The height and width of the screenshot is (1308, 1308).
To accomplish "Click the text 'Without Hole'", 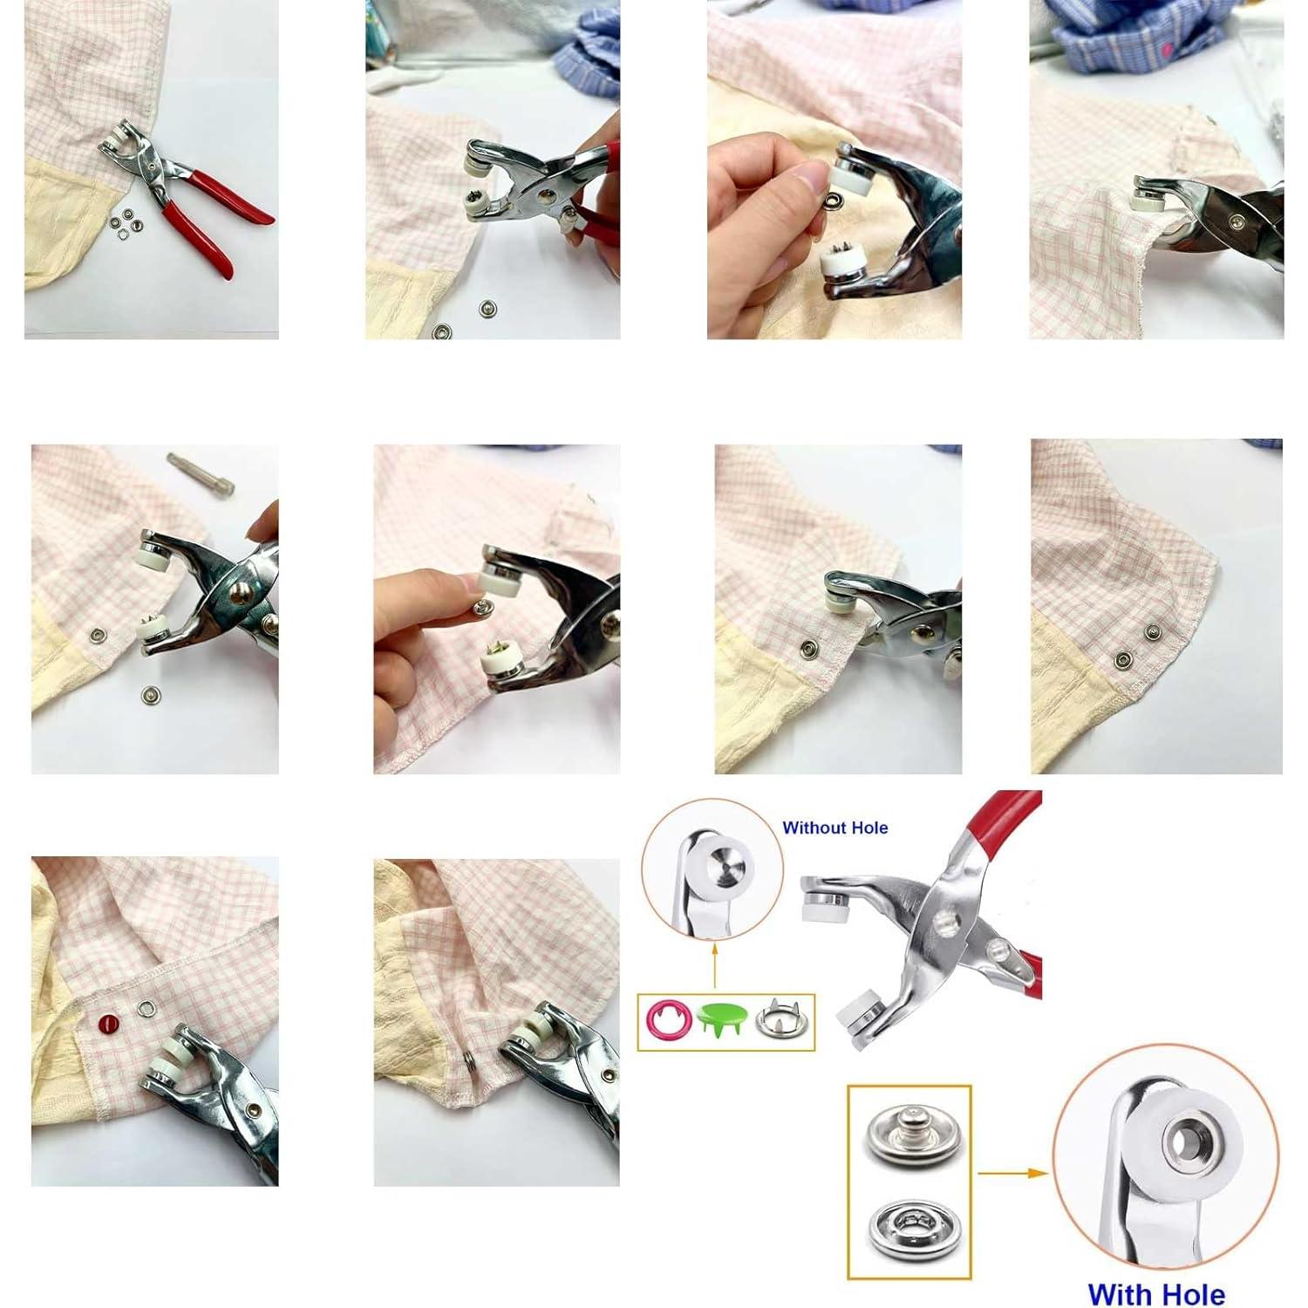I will [x=835, y=828].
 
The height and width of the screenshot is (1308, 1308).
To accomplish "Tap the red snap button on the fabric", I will [x=108, y=1022].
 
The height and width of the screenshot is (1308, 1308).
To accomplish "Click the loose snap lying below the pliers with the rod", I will [x=149, y=695].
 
